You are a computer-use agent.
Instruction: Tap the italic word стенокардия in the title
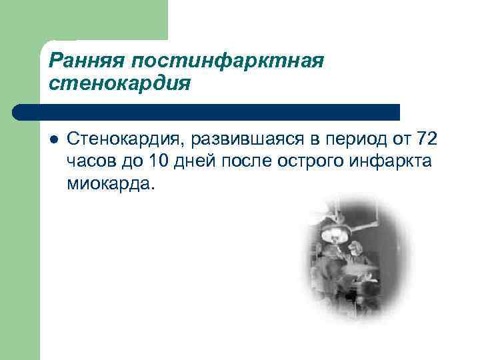click(119, 84)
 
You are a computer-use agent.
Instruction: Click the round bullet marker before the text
click(53, 139)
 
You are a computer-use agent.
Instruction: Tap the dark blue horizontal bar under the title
click(207, 112)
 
